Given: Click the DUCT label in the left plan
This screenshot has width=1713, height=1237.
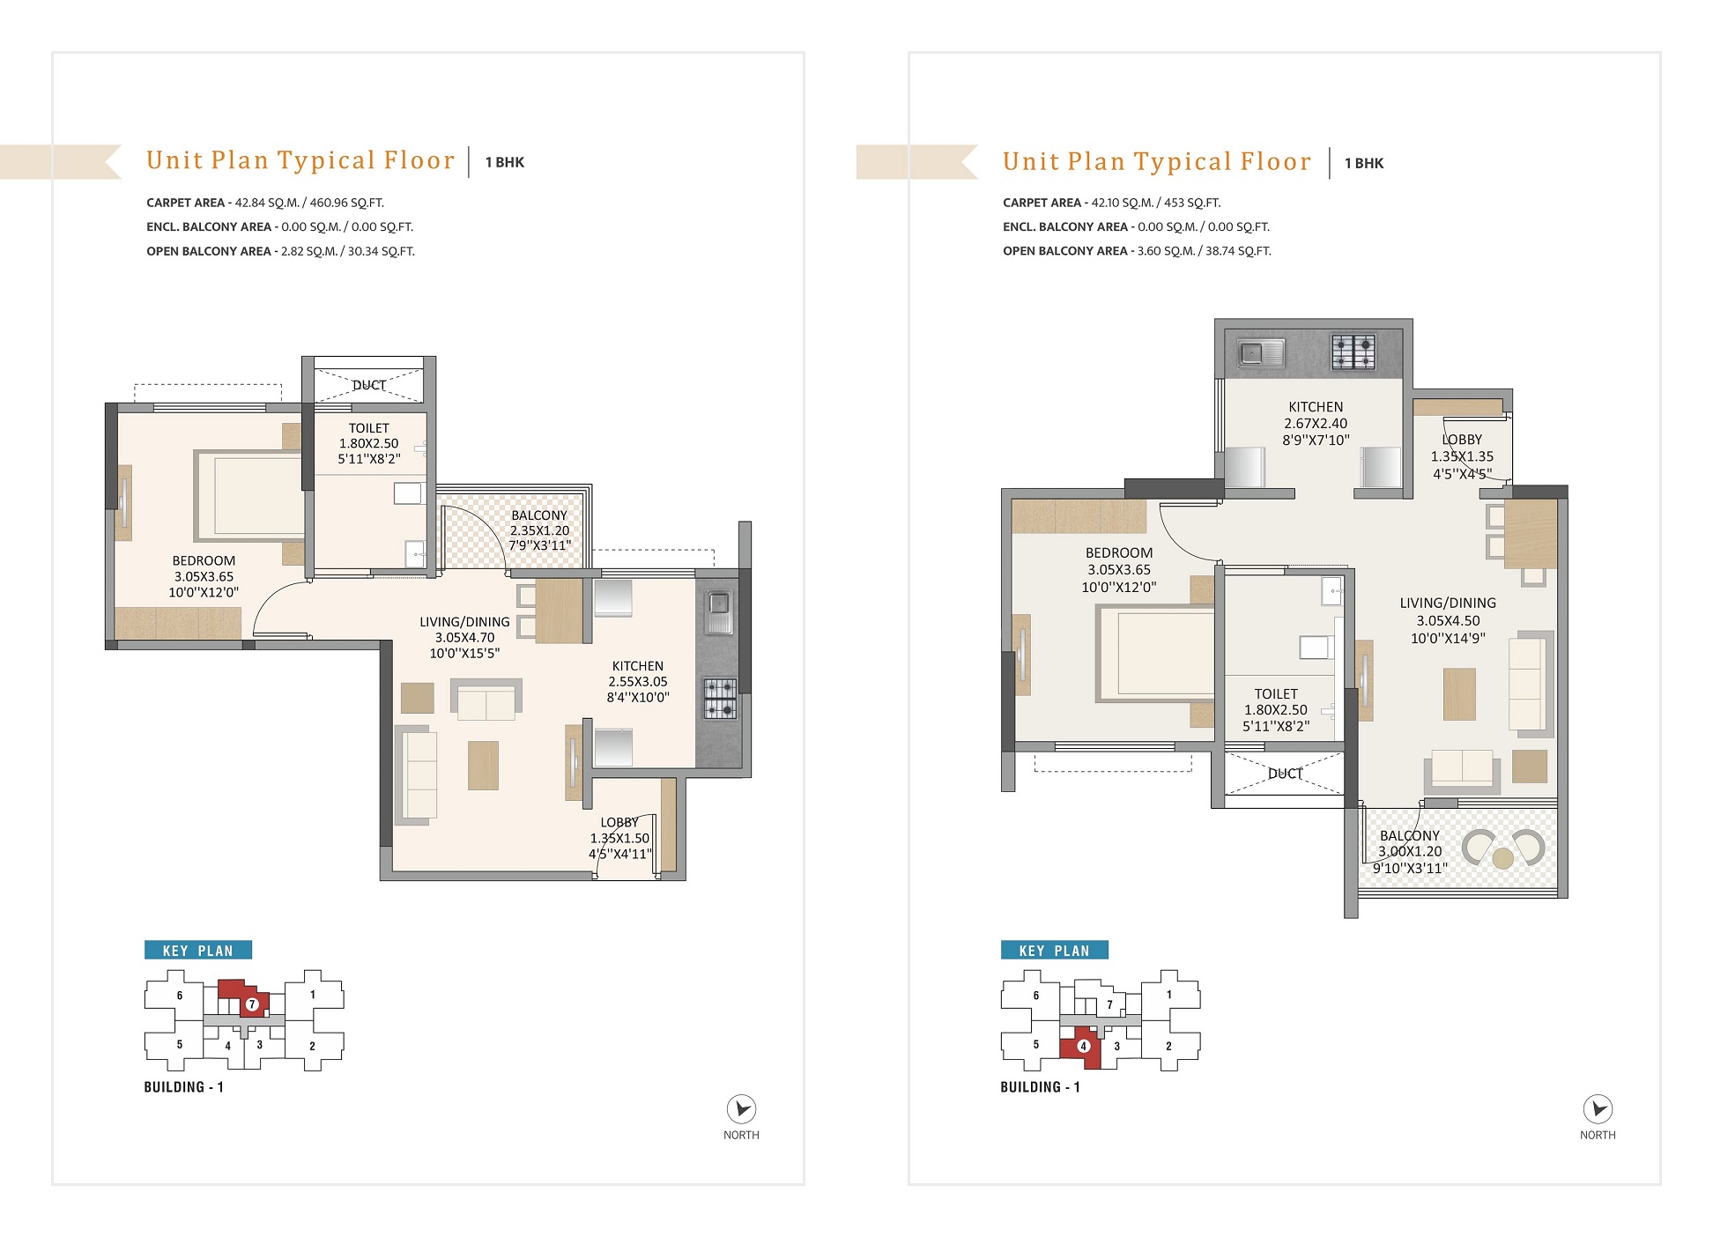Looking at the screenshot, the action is (369, 385).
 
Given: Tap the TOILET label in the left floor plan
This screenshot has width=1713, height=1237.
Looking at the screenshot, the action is (368, 428).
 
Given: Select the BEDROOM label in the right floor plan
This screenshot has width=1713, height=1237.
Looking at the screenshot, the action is (1119, 552).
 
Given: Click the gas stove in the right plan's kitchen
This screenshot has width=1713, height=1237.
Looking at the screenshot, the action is (1353, 352).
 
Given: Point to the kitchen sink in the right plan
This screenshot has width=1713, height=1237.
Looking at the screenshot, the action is (1261, 353).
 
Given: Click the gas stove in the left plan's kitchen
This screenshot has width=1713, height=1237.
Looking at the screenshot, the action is (720, 698).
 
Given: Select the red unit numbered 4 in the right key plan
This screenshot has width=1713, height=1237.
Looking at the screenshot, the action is (1082, 1048).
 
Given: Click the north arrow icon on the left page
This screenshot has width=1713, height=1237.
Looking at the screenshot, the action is (741, 1108).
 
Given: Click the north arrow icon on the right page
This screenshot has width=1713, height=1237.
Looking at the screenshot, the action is (1598, 1108).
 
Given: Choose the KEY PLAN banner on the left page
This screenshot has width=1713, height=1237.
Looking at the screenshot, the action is (198, 950).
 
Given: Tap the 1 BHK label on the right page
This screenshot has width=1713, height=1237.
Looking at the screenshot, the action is (1364, 163).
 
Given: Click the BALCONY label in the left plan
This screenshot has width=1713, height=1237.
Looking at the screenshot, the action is (539, 515).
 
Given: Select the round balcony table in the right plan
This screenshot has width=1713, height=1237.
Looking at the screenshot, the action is (1503, 857).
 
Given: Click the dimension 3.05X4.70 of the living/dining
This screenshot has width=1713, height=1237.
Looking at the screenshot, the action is (464, 637).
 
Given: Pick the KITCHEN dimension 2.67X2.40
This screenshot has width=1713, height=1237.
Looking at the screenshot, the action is (1316, 423).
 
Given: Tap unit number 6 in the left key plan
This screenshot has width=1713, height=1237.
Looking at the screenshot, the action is (180, 996).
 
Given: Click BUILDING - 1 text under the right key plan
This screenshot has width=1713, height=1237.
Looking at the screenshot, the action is (1040, 1087).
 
